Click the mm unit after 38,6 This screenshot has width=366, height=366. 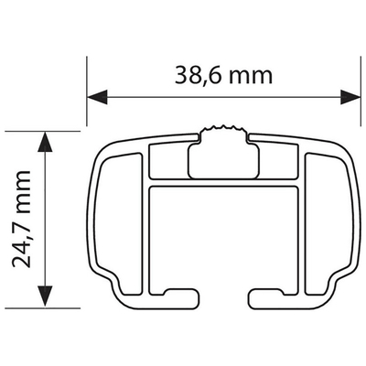[248, 76]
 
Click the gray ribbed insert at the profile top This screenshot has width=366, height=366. [221, 152]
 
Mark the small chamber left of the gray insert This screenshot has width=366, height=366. [167, 164]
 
